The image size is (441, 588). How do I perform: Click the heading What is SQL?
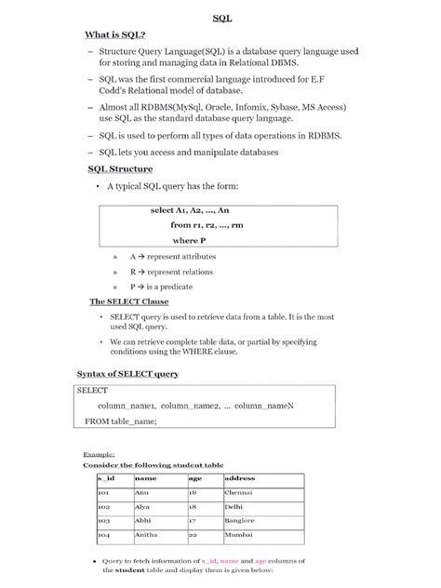(x=116, y=34)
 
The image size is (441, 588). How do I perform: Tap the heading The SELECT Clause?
(x=128, y=302)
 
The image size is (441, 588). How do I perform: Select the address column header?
(x=240, y=478)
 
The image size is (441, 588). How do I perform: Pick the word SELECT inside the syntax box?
(x=93, y=392)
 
